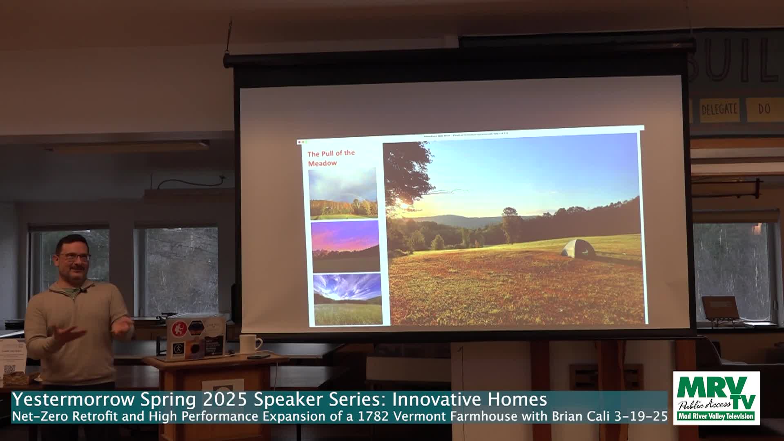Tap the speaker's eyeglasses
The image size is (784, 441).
tap(73, 257)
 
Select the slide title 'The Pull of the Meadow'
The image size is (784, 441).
tap(331, 158)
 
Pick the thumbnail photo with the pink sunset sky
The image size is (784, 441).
tap(345, 246)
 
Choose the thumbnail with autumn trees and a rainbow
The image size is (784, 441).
tap(343, 194)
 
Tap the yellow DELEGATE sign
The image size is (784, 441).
tap(719, 109)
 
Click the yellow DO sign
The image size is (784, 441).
tap(764, 109)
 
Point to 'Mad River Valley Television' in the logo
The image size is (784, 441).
tap(716, 416)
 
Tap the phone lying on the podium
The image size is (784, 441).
tap(258, 356)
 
